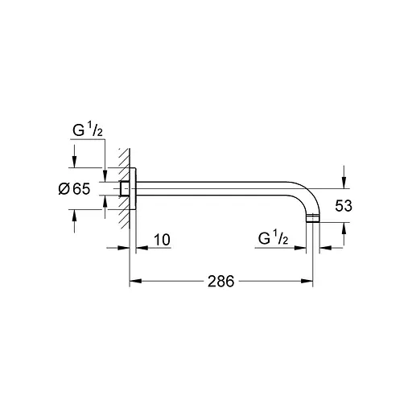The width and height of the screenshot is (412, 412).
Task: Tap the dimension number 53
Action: coord(344,206)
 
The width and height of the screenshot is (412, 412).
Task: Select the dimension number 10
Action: coord(163,240)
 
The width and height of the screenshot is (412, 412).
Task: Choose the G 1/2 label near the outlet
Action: coord(274,239)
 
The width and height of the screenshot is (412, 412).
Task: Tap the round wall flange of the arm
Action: coord(137,189)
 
